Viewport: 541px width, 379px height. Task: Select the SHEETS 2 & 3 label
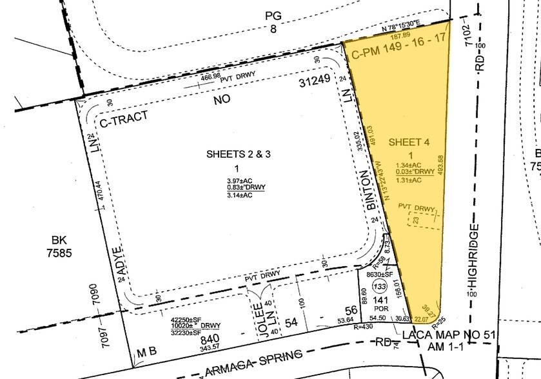point(233,155)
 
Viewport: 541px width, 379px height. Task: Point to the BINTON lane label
point(370,191)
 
